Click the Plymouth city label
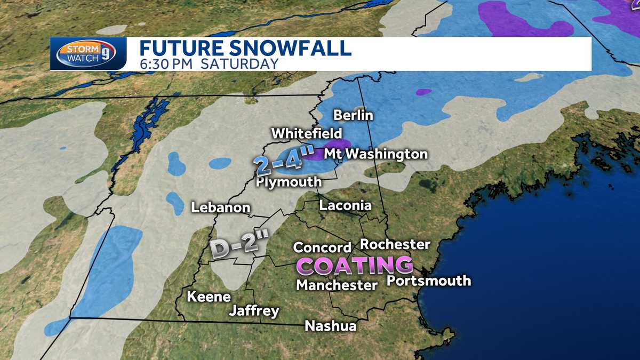[x=289, y=182]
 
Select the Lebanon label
[x=221, y=207]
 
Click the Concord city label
[x=322, y=247]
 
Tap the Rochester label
[x=395, y=244]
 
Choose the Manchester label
[x=337, y=285]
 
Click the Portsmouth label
[x=429, y=281]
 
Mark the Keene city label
[x=209, y=297]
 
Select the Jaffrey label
[x=254, y=311]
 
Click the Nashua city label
[x=330, y=326]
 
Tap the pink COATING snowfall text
[x=355, y=265]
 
